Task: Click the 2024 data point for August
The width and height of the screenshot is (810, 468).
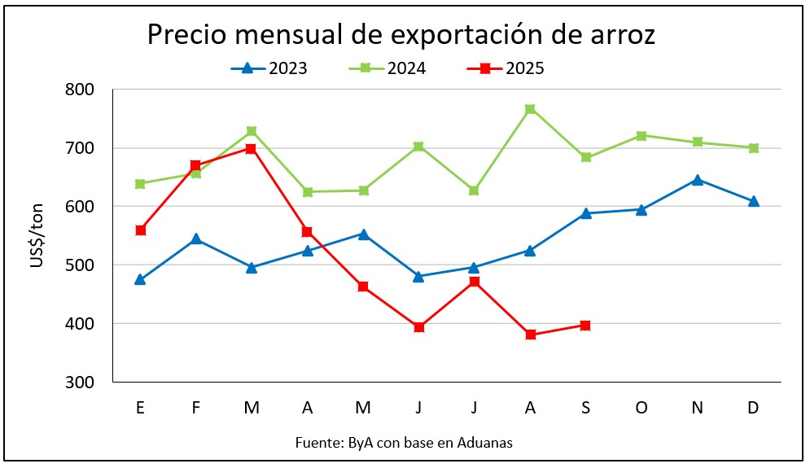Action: click(x=530, y=109)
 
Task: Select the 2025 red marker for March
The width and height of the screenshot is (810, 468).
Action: click(x=251, y=149)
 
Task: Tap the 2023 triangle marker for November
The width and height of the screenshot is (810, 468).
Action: click(x=697, y=180)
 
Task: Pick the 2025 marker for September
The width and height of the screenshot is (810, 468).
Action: click(x=585, y=326)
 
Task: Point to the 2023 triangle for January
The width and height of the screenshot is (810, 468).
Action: click(x=140, y=279)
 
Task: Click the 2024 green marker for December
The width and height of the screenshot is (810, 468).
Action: click(x=753, y=148)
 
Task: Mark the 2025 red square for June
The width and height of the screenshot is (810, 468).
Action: click(x=418, y=327)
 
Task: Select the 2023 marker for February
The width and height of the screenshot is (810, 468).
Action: click(x=196, y=239)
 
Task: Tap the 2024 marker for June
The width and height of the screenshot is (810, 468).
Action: click(x=418, y=147)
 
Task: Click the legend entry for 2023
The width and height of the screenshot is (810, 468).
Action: click(x=269, y=68)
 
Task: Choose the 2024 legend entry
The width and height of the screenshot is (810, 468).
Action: click(x=388, y=68)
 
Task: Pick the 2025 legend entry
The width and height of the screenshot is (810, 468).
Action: click(x=506, y=68)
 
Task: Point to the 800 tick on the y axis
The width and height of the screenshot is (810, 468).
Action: click(x=80, y=90)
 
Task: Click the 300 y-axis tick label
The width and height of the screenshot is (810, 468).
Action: click(x=80, y=382)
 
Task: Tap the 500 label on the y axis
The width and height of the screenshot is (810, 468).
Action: click(x=80, y=265)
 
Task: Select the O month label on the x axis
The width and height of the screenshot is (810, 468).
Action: click(x=641, y=408)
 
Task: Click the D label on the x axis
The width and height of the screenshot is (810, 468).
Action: click(x=753, y=408)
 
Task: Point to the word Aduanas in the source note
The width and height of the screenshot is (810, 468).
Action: click(x=485, y=443)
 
